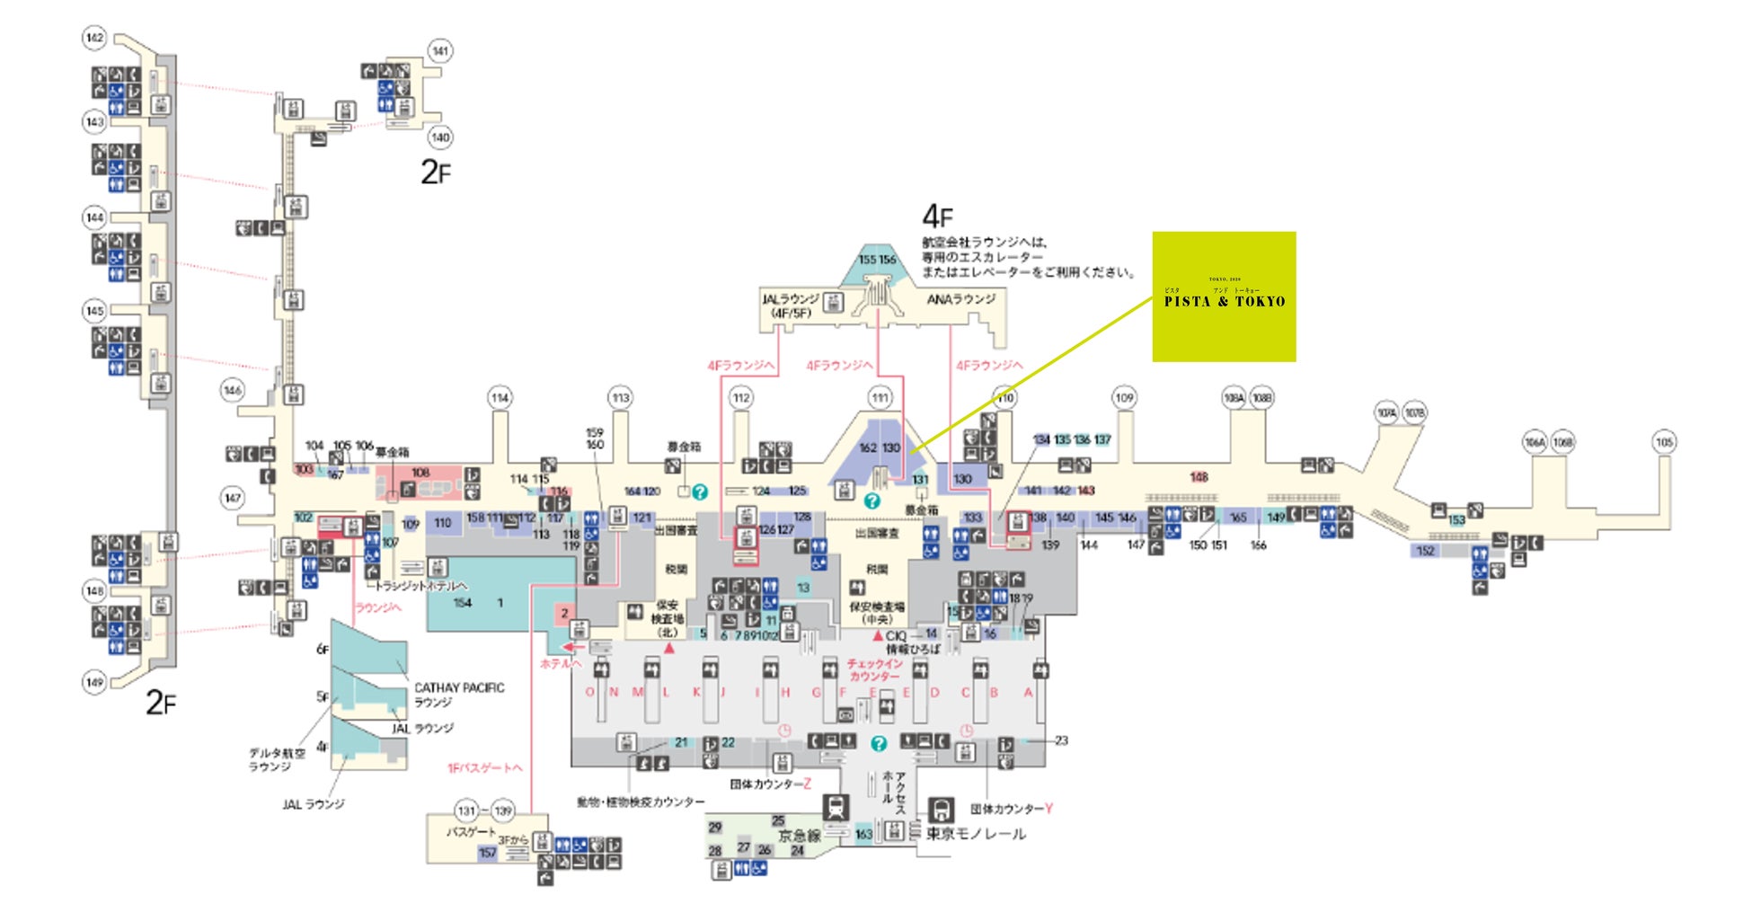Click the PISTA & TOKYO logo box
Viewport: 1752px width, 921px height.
coord(1224,297)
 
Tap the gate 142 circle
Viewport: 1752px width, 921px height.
coord(94,38)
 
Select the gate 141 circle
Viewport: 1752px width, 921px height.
coord(439,51)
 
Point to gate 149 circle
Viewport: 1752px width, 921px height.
coord(94,682)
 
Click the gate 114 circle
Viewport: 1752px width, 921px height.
coord(500,397)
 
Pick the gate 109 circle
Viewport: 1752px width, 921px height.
coord(1124,397)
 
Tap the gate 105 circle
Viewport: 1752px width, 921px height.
coord(1664,441)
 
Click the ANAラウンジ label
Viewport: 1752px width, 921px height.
coord(960,299)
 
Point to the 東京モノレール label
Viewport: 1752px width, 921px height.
coord(976,834)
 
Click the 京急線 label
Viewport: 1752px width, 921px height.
coord(799,836)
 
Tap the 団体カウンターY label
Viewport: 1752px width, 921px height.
coord(1011,809)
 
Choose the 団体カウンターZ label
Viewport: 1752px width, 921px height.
coord(770,784)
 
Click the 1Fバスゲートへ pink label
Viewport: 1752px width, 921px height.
coord(484,768)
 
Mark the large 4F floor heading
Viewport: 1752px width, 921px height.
coord(937,217)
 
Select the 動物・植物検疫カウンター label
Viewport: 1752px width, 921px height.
coord(641,801)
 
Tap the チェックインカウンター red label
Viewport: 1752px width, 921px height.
coord(873,669)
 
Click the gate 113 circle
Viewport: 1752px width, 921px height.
coord(620,397)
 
